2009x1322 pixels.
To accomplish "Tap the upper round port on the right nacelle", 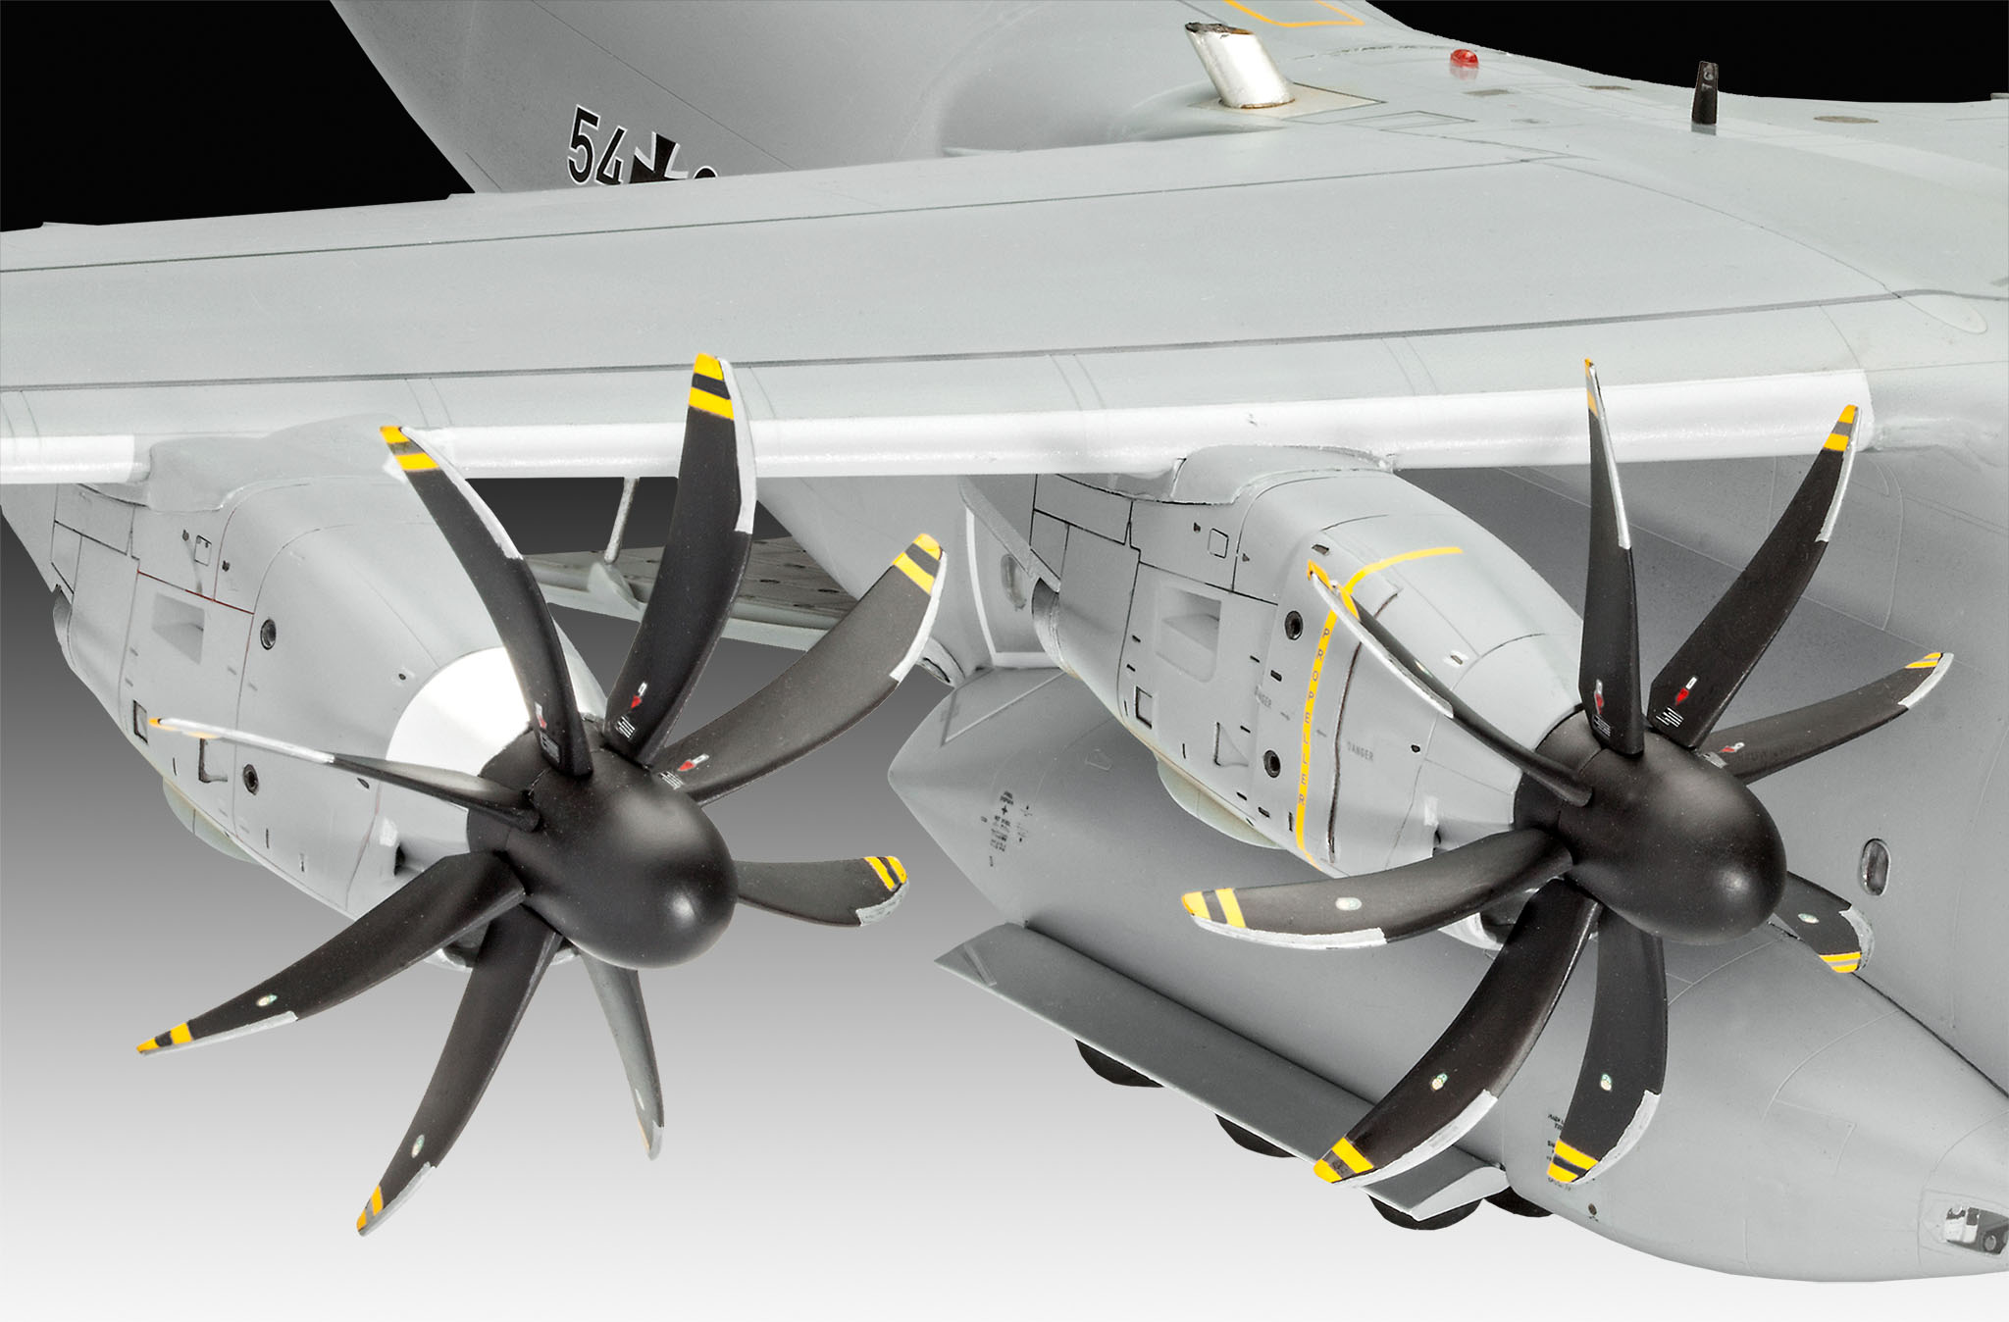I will click(x=1296, y=622).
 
